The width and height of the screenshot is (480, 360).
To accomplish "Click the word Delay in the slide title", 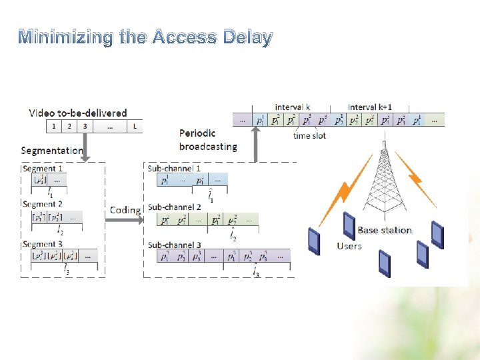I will (x=246, y=37).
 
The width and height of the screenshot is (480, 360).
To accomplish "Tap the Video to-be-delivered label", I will (x=77, y=113).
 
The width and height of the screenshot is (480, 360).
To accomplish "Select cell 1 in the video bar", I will (x=54, y=126).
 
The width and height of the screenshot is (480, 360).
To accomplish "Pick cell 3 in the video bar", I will (x=85, y=126).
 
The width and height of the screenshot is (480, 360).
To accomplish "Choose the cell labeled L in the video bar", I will (x=135, y=126).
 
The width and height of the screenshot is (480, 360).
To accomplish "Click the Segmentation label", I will (x=51, y=151).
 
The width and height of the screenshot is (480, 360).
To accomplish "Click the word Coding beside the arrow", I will (x=125, y=210).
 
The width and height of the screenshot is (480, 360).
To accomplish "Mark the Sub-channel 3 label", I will (x=174, y=245).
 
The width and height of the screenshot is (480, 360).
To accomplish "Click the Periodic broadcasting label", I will (x=207, y=140).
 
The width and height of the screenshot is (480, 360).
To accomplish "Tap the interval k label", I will (x=293, y=107).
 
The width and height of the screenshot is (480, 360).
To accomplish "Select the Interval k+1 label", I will (x=370, y=107).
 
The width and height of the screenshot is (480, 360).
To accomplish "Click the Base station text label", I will (x=385, y=231).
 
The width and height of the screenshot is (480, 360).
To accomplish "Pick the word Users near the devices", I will (x=349, y=246).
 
